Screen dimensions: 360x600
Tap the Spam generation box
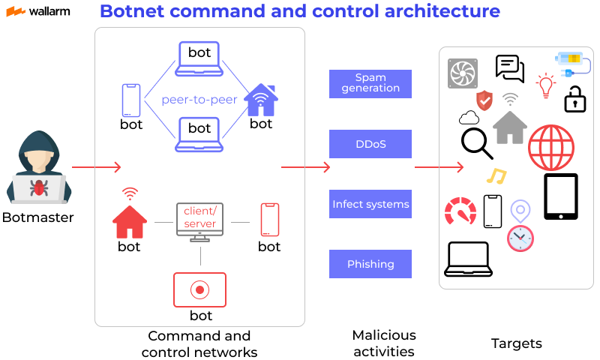pos(370,83)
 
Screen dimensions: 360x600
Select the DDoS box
pos(370,143)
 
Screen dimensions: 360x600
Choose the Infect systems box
pos(370,204)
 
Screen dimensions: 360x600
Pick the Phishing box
pos(370,264)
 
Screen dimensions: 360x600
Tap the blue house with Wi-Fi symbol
pos(261,99)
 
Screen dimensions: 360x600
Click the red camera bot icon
pos(199,289)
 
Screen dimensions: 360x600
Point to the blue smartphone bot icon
pos(131,100)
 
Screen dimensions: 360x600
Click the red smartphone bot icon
pos(269,220)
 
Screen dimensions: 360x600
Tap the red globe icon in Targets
pos(551,147)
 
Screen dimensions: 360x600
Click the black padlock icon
pos(574,99)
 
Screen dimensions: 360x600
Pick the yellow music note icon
pos(496,176)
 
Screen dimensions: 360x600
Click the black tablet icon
pos(560,196)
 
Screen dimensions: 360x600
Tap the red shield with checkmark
pos(484,100)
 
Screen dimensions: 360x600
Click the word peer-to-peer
pos(199,99)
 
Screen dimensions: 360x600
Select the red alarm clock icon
pos(520,238)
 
